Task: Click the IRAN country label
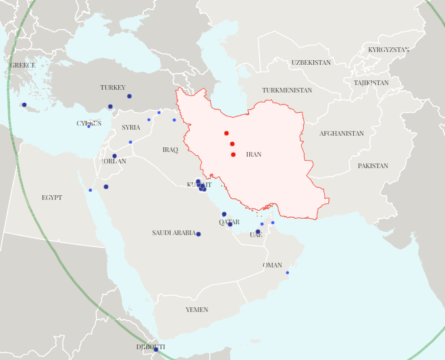tap(253, 155)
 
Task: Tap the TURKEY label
tap(113, 88)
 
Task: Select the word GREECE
tap(22, 66)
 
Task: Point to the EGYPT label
tap(51, 198)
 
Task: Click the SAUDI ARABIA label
tap(174, 233)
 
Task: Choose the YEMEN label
tap(197, 310)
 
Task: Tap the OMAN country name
tap(272, 265)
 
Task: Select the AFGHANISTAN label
tap(341, 134)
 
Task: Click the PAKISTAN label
tap(373, 166)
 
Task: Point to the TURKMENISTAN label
tap(287, 91)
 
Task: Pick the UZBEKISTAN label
tap(311, 63)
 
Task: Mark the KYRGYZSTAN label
tap(388, 50)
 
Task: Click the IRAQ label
tap(170, 150)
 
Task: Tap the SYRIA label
tap(131, 128)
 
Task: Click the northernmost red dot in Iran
tap(226, 133)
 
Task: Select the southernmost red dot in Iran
tap(233, 155)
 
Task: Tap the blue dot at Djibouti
tap(155, 349)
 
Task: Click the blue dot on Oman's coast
tap(287, 273)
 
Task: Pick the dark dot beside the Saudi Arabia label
tap(198, 234)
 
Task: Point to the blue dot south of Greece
tap(24, 105)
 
